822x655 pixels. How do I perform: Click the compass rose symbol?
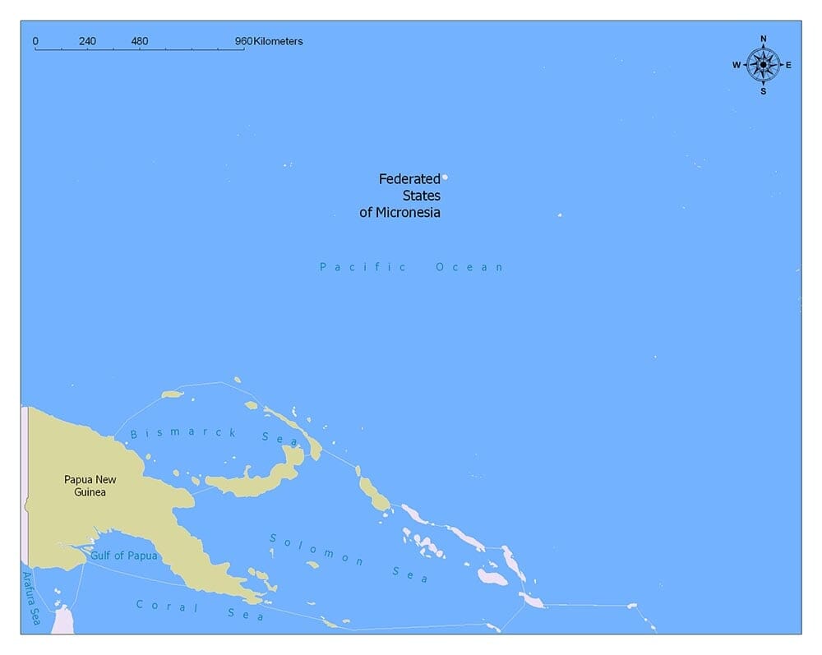(763, 64)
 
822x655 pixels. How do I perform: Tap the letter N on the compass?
(763, 39)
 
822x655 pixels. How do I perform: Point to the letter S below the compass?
(763, 91)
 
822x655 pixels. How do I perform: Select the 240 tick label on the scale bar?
(87, 41)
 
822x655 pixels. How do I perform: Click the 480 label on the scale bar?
(140, 41)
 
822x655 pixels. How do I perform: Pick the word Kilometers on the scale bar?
(278, 41)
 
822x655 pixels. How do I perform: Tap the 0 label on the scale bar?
(35, 41)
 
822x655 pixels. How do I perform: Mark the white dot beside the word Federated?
(446, 177)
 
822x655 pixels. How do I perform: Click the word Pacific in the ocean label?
(363, 267)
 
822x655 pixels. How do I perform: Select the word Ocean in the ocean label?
(469, 267)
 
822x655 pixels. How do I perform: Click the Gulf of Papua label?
(123, 556)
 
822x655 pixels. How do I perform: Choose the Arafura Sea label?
(30, 597)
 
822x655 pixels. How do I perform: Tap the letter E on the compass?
(788, 65)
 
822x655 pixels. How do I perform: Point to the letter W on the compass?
(737, 65)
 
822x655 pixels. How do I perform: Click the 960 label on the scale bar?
(243, 41)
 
